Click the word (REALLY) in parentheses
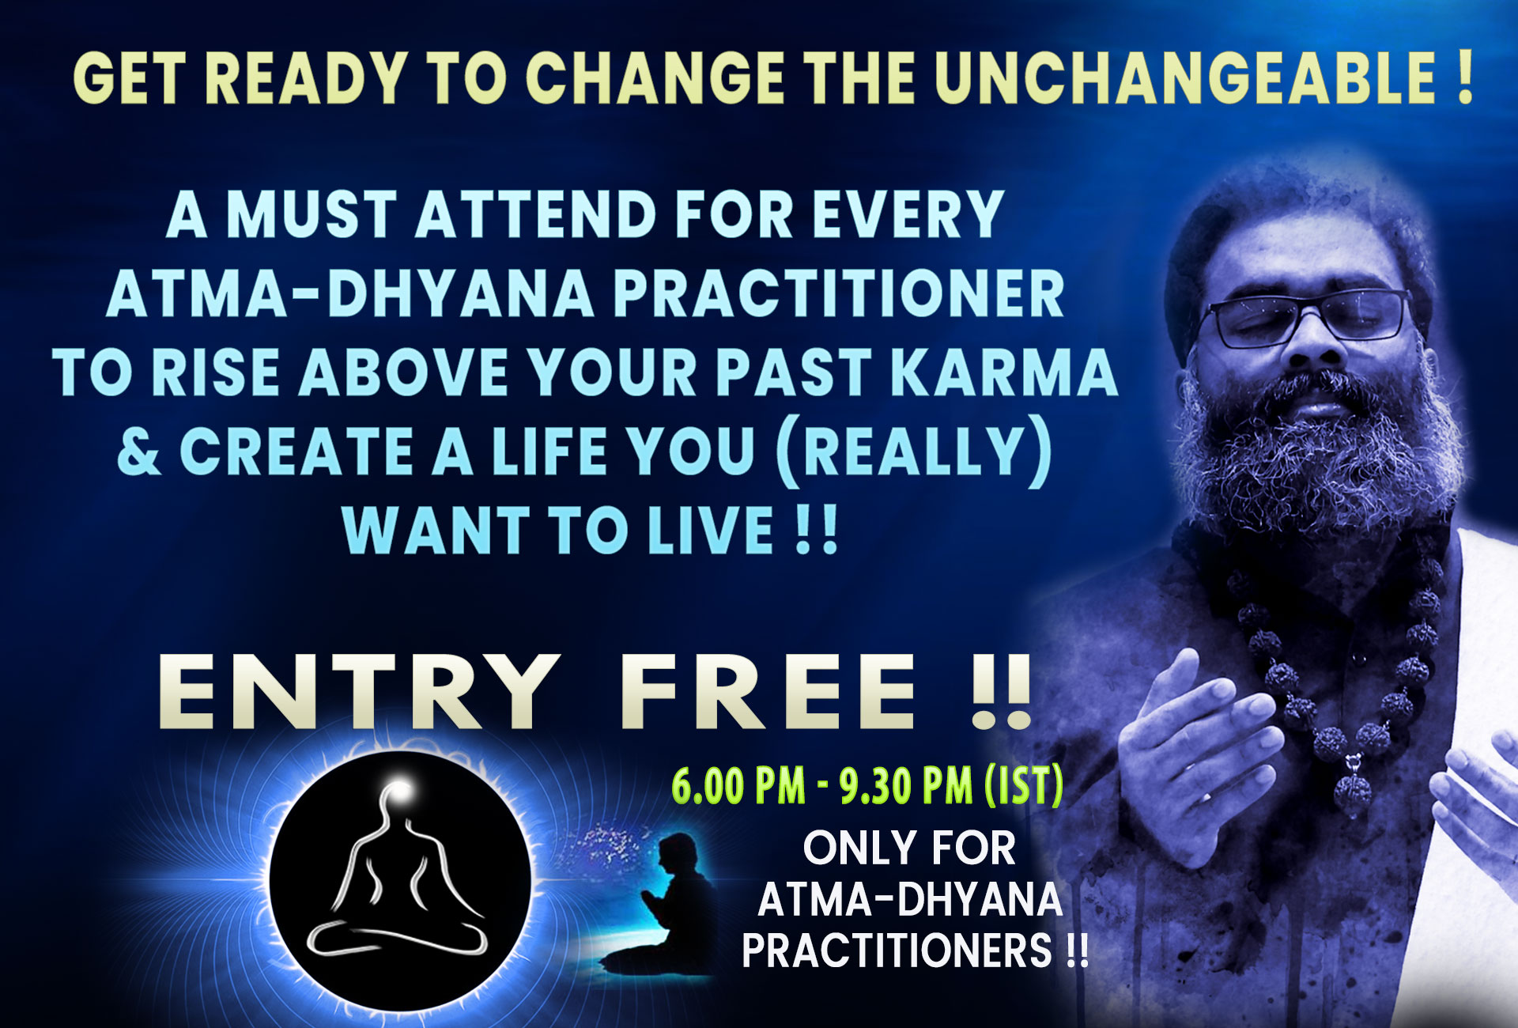pyautogui.click(x=914, y=452)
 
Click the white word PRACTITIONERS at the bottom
pyautogui.click(x=898, y=950)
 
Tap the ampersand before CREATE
pyautogui.click(x=139, y=452)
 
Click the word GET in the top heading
pyautogui.click(x=134, y=78)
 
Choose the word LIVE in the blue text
pyautogui.click(x=709, y=531)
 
